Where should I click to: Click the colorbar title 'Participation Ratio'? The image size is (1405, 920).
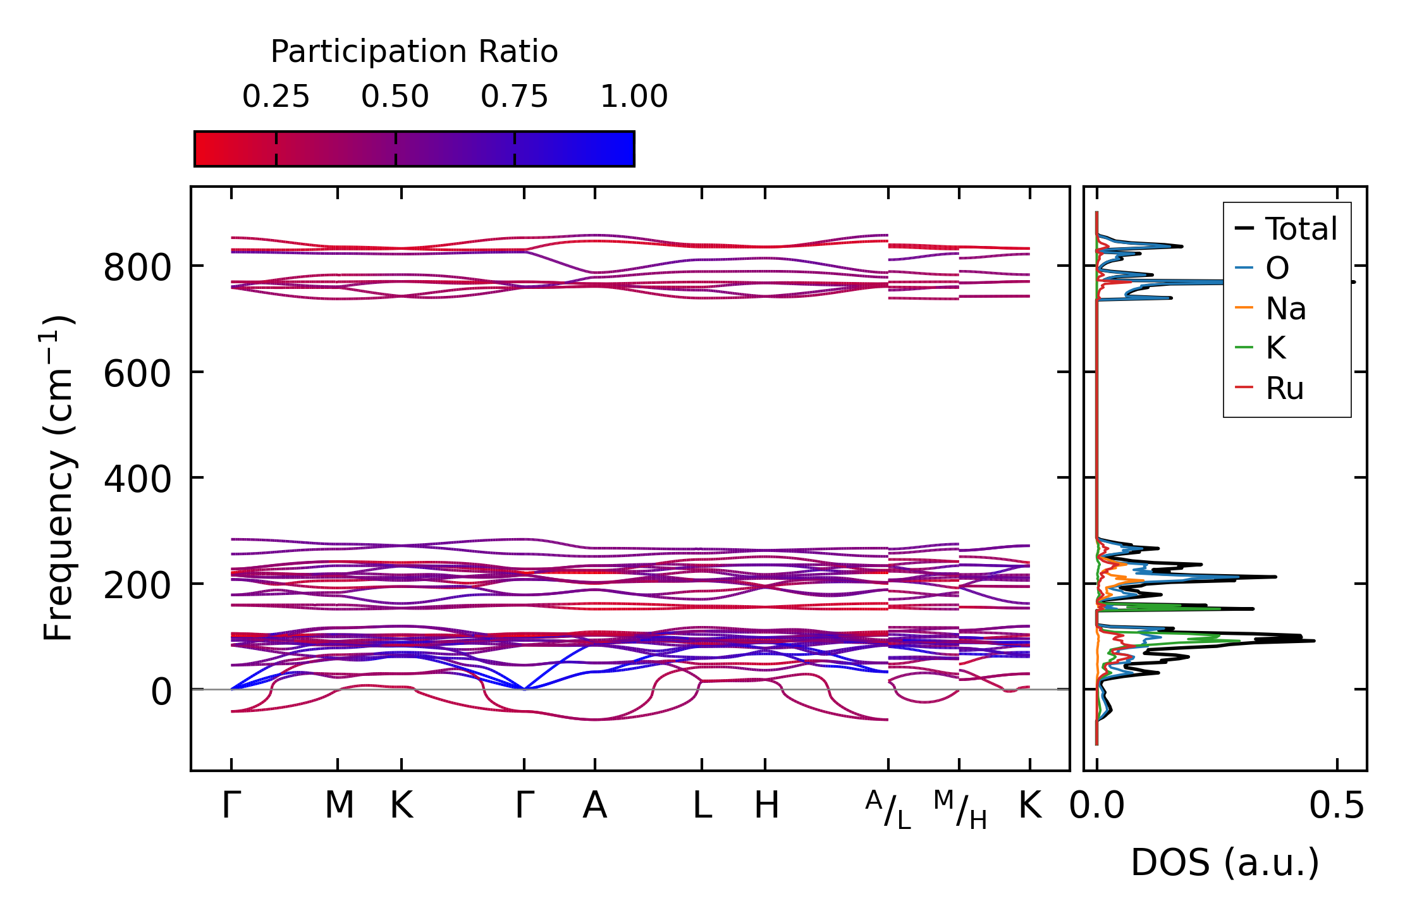point(414,52)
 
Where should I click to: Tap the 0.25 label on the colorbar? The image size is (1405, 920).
point(276,97)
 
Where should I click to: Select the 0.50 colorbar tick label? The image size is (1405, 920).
point(395,97)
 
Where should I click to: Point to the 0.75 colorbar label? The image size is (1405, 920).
point(514,97)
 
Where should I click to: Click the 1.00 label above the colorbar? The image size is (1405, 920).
point(634,97)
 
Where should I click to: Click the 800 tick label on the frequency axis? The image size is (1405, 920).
point(137,267)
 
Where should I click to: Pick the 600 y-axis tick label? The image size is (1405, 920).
point(137,374)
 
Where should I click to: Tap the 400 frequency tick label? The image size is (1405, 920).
point(137,479)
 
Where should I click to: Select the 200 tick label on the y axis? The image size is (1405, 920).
point(137,586)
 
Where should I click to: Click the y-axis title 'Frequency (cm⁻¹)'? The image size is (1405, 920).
point(59,478)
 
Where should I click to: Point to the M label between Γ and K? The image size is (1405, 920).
point(339,806)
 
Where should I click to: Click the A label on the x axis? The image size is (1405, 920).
point(594,806)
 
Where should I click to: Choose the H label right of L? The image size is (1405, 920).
point(766,806)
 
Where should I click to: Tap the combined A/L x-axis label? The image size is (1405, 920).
point(888,810)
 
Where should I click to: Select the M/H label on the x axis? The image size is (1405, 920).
point(960,810)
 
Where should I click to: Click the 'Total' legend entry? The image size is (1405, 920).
point(1301,229)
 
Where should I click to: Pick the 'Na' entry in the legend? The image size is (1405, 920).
point(1285,309)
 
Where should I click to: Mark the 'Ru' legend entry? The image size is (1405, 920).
point(1284,388)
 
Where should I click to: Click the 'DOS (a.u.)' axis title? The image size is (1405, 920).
point(1225,862)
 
